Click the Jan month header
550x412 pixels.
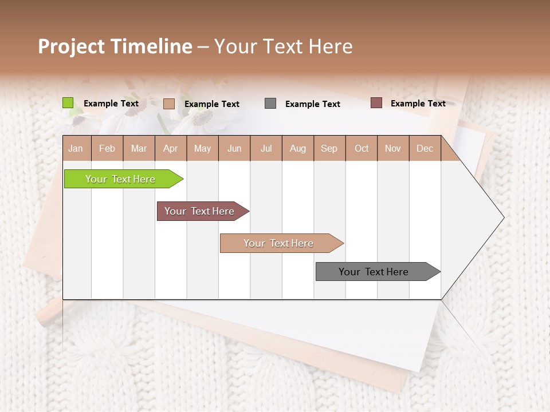[76, 148]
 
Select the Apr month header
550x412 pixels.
[171, 148]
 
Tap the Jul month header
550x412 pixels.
[266, 148]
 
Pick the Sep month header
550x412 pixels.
[329, 148]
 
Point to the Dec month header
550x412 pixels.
[425, 148]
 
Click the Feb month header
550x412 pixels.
[107, 148]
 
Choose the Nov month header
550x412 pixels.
[393, 148]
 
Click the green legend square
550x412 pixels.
[68, 103]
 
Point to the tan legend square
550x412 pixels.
[169, 104]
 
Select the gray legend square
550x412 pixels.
[270, 104]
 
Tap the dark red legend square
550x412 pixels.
[376, 103]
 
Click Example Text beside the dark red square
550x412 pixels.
[418, 104]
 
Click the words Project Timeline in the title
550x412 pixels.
[115, 46]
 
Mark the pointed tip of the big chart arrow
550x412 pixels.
[503, 217]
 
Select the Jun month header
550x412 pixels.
[234, 148]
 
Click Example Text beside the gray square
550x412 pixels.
[313, 104]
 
